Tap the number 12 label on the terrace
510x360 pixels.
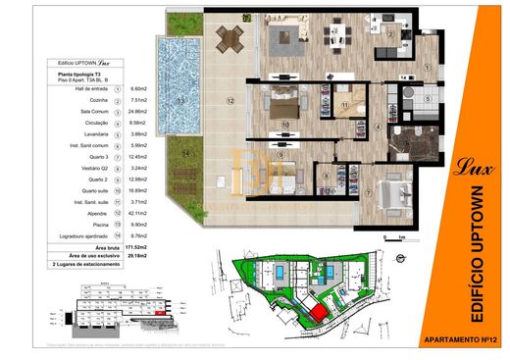pyautogui.click(x=227, y=100)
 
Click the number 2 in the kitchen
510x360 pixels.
pyautogui.click(x=390, y=33)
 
